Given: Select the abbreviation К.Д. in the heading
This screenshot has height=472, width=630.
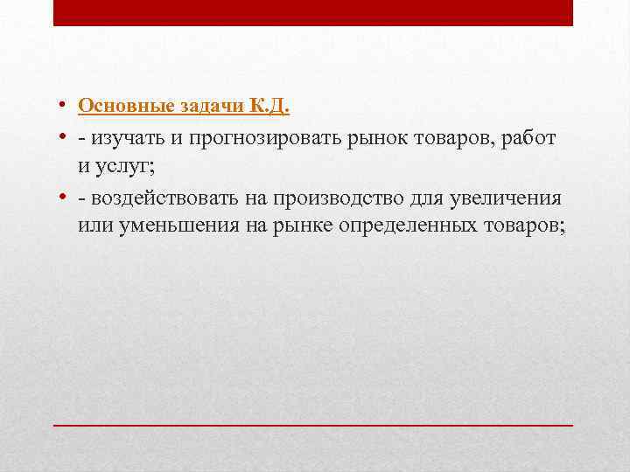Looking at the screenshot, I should (269, 106).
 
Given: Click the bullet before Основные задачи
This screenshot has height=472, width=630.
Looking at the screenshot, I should (66, 107).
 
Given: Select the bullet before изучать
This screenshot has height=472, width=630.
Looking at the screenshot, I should (66, 140).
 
